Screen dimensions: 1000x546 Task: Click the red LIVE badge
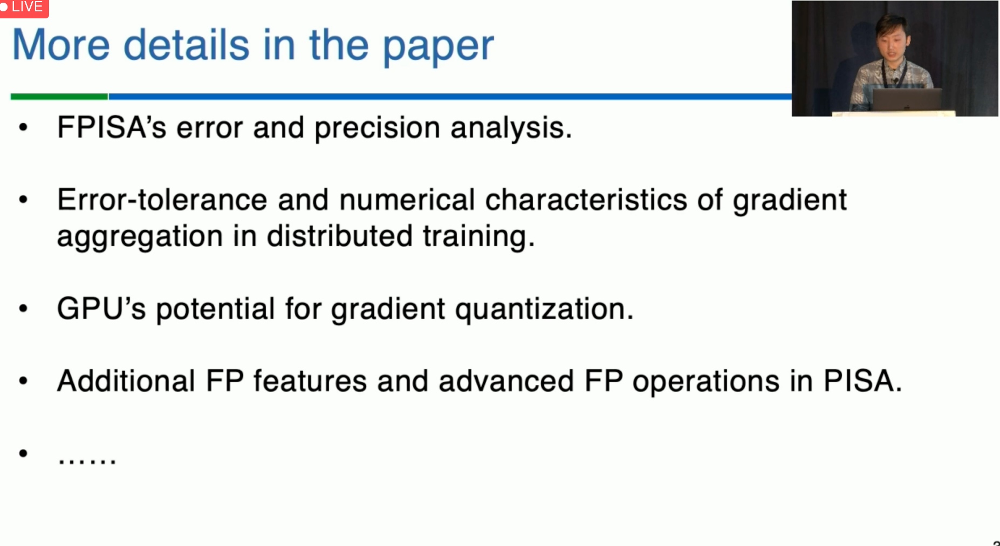click(x=24, y=8)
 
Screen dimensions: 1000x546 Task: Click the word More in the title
click(x=61, y=45)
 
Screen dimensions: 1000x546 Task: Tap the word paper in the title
click(x=438, y=47)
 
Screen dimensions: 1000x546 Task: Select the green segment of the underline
click(x=59, y=97)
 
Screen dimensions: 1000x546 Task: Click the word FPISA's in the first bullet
click(x=112, y=128)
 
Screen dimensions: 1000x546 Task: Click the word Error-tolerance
click(x=162, y=200)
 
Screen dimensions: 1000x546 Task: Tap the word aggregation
click(x=140, y=237)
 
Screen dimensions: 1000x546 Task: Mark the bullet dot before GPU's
click(x=23, y=309)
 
